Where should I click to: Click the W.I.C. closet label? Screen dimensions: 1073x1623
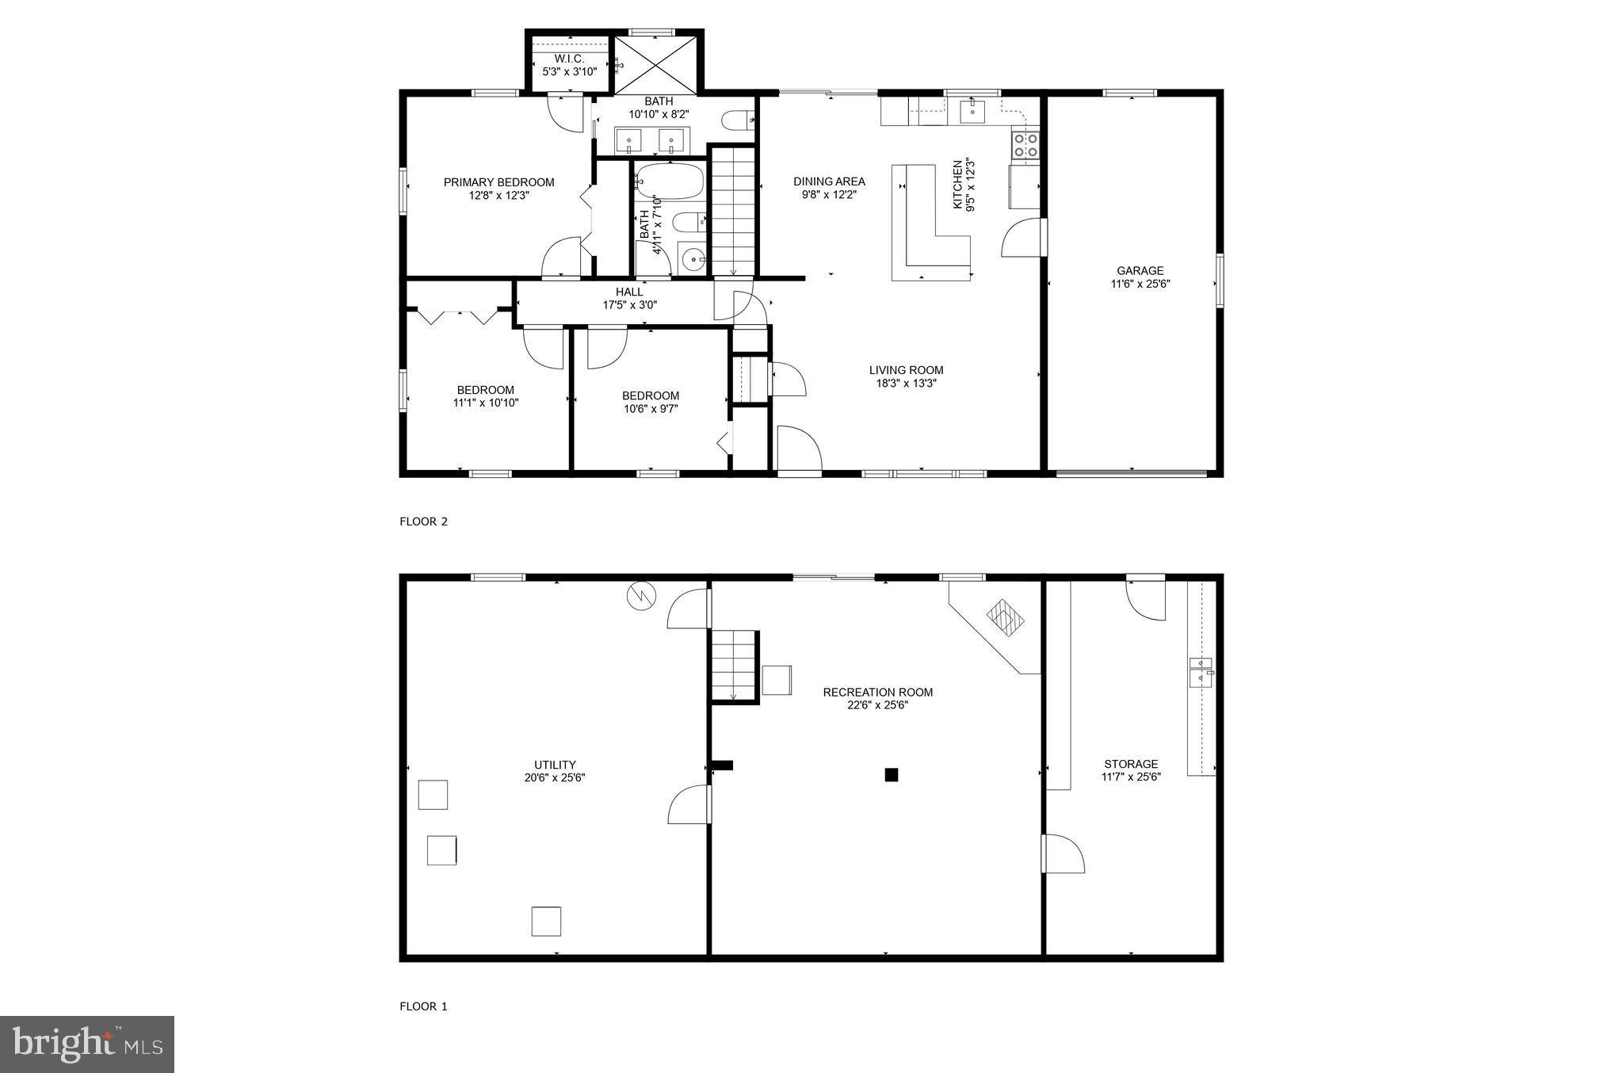(569, 59)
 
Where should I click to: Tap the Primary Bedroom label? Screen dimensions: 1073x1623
(498, 182)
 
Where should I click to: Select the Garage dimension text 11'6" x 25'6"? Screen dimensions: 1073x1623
(1140, 284)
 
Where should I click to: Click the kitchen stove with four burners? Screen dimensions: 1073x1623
(1026, 144)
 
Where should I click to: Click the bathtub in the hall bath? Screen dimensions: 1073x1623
(670, 181)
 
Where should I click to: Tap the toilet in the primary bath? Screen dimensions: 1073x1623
(736, 120)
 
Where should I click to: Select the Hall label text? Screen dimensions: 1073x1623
(629, 292)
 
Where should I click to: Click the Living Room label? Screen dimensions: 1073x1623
(906, 370)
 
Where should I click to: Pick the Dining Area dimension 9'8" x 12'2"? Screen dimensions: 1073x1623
(829, 194)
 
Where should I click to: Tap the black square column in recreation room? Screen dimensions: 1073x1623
(892, 775)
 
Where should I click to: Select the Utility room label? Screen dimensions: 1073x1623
(555, 765)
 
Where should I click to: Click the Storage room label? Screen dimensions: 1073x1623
(1131, 764)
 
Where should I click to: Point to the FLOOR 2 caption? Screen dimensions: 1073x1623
(424, 521)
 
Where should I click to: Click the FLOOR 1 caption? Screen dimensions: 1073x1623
(424, 1006)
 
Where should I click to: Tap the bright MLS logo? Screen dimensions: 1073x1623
(87, 1044)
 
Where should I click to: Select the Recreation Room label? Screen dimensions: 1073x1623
(877, 692)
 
